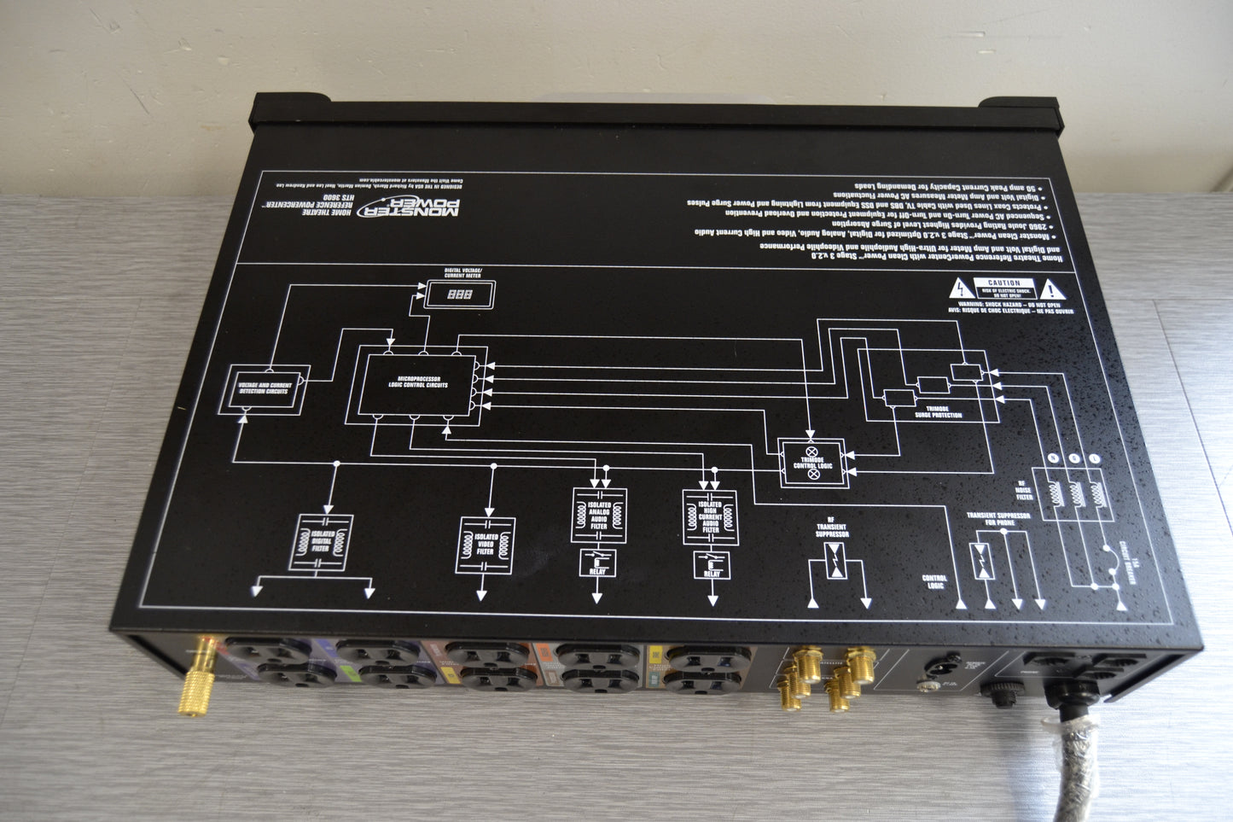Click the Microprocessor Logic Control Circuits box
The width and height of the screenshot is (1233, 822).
422,384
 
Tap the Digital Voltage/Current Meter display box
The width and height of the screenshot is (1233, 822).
460,294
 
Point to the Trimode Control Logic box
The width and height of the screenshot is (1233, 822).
811,463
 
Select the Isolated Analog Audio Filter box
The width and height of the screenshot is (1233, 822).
598,515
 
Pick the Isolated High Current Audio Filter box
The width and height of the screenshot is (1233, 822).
710,517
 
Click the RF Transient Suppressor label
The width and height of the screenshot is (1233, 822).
831,529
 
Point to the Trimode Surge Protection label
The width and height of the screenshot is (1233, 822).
938,411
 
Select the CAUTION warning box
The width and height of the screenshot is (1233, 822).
1004,288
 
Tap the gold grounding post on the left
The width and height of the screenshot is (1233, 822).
207,679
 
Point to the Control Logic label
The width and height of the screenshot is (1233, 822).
935,583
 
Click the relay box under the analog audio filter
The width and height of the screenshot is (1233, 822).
597,562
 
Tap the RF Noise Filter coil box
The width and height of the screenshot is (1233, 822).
1074,493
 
